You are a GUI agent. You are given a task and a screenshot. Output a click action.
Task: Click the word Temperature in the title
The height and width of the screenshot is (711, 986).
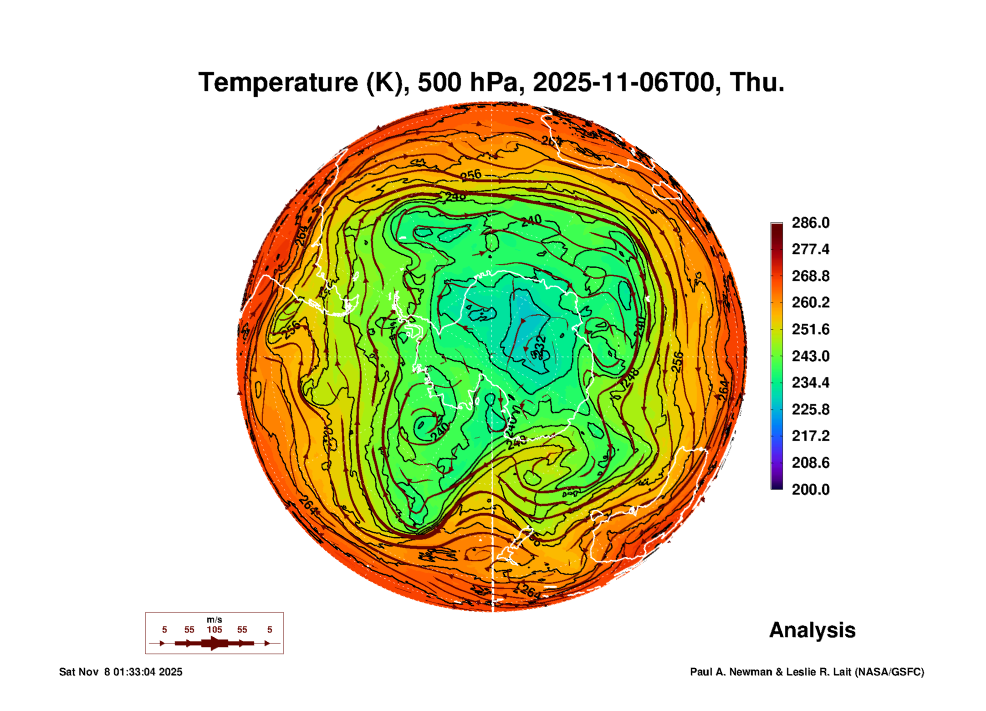(278, 82)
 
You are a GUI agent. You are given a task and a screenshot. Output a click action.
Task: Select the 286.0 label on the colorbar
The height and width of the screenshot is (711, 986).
(810, 223)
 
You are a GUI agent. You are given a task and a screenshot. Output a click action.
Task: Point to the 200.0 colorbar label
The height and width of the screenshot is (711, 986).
(810, 490)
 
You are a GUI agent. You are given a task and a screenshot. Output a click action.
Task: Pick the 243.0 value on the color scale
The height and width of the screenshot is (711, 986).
(810, 356)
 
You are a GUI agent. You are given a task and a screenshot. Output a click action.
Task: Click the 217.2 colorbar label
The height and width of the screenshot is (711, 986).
(810, 436)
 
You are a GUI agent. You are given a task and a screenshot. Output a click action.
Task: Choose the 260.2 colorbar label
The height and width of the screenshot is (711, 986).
(810, 302)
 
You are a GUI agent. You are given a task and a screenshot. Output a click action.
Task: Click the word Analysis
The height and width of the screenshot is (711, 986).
(812, 630)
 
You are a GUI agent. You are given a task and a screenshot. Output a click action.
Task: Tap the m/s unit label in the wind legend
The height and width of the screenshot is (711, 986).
(215, 620)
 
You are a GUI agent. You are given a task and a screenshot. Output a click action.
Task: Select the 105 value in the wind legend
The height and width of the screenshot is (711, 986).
(215, 630)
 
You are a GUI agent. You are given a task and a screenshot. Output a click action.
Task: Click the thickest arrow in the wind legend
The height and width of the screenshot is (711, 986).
(215, 644)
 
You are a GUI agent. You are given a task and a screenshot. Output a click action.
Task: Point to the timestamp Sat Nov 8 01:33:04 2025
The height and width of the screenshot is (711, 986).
(121, 672)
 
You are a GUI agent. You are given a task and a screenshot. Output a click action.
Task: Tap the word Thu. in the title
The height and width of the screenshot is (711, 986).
(757, 82)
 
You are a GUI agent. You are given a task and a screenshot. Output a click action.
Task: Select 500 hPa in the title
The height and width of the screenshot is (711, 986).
(468, 82)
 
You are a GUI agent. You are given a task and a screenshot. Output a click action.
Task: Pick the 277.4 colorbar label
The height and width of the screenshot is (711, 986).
(810, 249)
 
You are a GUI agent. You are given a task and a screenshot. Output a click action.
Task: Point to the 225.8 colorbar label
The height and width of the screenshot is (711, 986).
(810, 409)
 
